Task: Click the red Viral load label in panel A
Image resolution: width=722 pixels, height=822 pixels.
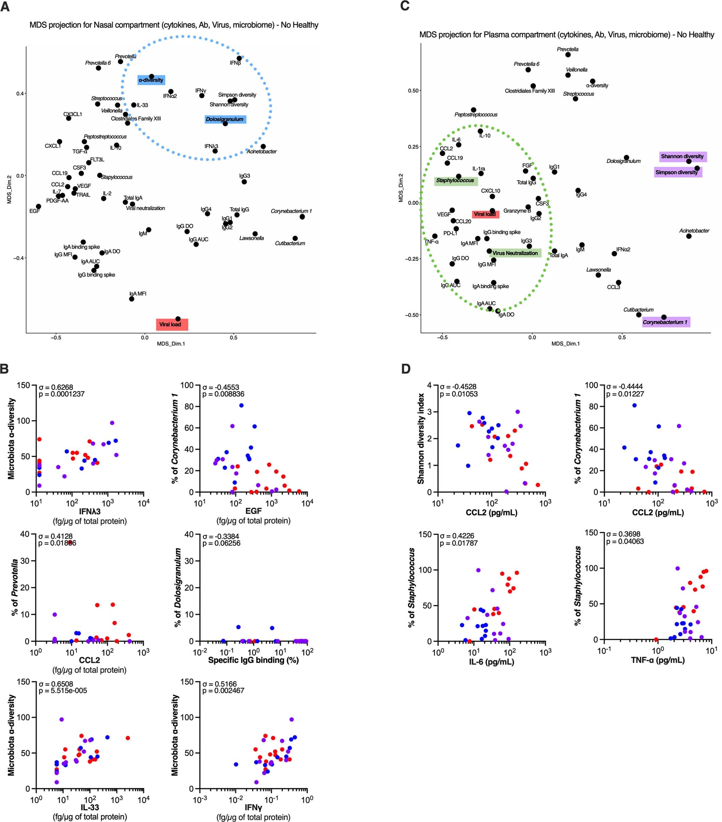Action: pyautogui.click(x=172, y=325)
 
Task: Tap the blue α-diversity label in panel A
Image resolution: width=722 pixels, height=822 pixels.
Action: pyautogui.click(x=151, y=80)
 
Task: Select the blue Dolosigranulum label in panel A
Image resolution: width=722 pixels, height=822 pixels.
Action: pyautogui.click(x=225, y=120)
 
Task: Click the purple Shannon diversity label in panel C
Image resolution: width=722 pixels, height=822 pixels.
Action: pyautogui.click(x=682, y=156)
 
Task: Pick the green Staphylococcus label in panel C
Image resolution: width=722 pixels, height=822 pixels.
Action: pyautogui.click(x=456, y=180)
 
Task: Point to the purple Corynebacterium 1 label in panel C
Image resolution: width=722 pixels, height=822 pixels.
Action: pyautogui.click(x=666, y=322)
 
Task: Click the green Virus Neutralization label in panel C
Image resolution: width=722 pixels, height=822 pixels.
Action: pyautogui.click(x=515, y=253)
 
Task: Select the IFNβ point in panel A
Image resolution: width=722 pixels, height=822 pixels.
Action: pyautogui.click(x=239, y=58)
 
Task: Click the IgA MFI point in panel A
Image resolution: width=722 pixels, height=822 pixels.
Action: pyautogui.click(x=131, y=299)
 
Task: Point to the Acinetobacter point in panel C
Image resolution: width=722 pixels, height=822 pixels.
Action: pyautogui.click(x=689, y=236)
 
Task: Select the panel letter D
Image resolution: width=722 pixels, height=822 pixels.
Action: pyautogui.click(x=406, y=369)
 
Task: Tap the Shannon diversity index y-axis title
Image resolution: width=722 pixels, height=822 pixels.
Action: pyautogui.click(x=421, y=438)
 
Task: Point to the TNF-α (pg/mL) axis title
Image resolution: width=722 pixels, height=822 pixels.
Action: pyautogui.click(x=658, y=660)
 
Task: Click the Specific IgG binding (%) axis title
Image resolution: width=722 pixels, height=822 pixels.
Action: pyautogui.click(x=253, y=660)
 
